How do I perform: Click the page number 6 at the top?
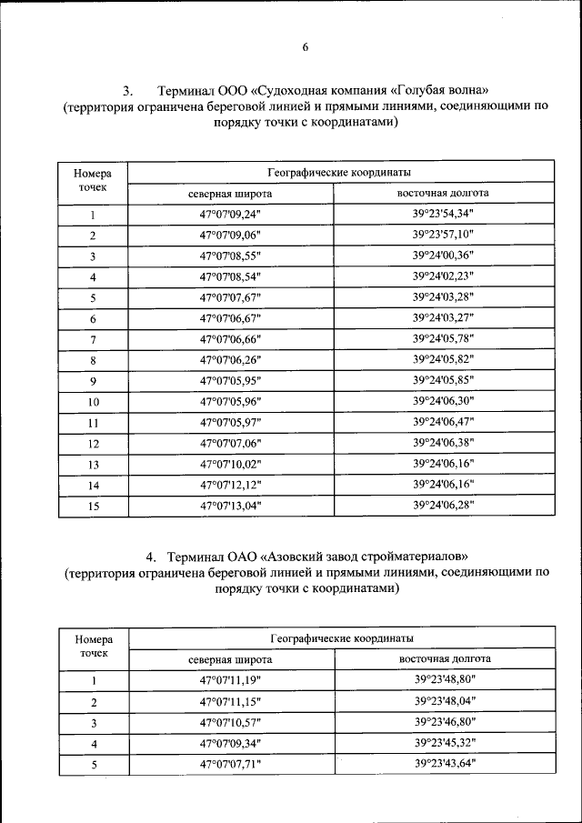pyautogui.click(x=306, y=47)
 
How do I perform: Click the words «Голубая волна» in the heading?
pyautogui.click(x=445, y=91)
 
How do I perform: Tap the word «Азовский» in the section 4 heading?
pyautogui.click(x=304, y=556)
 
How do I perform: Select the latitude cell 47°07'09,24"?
pyautogui.click(x=230, y=216)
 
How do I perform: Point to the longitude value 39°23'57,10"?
pyautogui.click(x=443, y=235)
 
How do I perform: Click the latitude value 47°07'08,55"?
pyautogui.click(x=230, y=256)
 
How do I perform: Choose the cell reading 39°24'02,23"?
pyautogui.click(x=443, y=276)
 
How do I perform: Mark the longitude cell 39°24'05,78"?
pyautogui.click(x=443, y=338)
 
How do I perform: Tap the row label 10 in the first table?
pyautogui.click(x=93, y=402)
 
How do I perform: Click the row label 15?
pyautogui.click(x=93, y=507)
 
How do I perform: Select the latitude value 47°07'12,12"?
pyautogui.click(x=230, y=486)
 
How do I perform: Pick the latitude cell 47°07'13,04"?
pyautogui.click(x=230, y=507)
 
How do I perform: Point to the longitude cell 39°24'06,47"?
pyautogui.click(x=443, y=422)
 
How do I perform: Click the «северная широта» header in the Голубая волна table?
pyautogui.click(x=230, y=194)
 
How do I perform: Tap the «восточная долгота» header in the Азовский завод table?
pyautogui.click(x=445, y=657)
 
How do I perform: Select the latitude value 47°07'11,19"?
pyautogui.click(x=230, y=680)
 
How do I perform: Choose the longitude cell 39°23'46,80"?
pyautogui.click(x=445, y=721)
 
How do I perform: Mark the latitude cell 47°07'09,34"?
pyautogui.click(x=230, y=743)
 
